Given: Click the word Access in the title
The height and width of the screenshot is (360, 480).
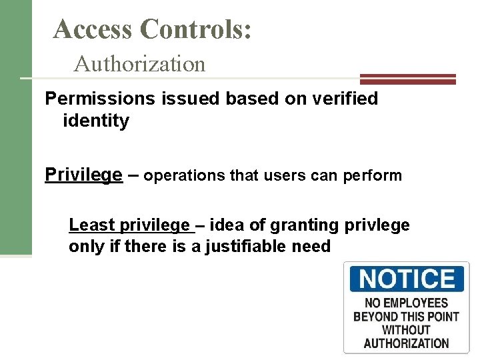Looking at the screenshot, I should click(x=94, y=29).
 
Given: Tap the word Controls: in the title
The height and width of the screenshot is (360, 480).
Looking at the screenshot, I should click(x=197, y=29).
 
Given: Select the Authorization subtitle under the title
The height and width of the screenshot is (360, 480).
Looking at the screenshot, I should click(x=140, y=64).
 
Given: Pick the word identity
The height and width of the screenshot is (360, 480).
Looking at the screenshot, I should click(x=95, y=121).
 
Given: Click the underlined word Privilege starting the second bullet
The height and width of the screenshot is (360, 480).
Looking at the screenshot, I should click(x=83, y=175).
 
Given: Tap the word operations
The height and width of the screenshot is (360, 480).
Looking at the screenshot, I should click(x=184, y=176).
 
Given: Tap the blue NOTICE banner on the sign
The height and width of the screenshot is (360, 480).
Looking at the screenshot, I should click(x=406, y=279).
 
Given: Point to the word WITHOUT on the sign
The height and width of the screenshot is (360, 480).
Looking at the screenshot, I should click(x=406, y=330).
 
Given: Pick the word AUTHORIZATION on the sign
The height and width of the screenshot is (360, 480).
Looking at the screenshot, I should click(x=406, y=343).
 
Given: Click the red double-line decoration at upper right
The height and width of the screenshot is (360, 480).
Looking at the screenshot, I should click(x=408, y=79).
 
